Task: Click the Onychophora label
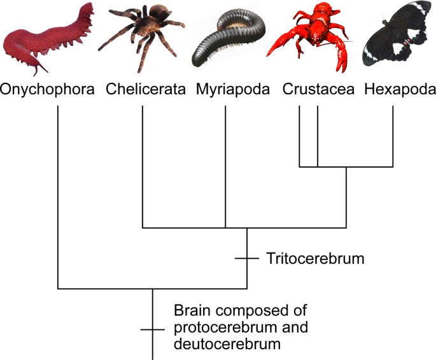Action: (x=48, y=90)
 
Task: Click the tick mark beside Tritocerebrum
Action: (x=247, y=259)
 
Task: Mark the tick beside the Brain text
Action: (x=153, y=329)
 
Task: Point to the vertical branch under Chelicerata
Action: (x=142, y=166)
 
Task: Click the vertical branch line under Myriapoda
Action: (x=226, y=166)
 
